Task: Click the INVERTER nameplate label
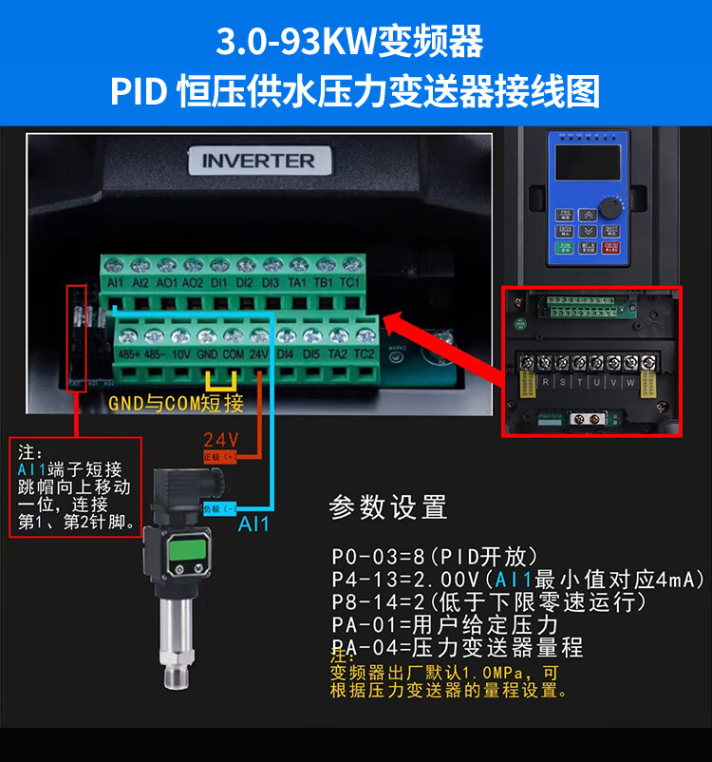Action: pyautogui.click(x=257, y=161)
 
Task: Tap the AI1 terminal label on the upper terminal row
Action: pyautogui.click(x=117, y=282)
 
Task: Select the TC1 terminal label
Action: pyautogui.click(x=349, y=282)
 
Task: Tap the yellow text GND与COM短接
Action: pyautogui.click(x=177, y=403)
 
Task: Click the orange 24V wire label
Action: pyautogui.click(x=220, y=440)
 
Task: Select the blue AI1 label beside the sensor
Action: pyautogui.click(x=253, y=524)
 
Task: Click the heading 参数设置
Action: pyautogui.click(x=387, y=507)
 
